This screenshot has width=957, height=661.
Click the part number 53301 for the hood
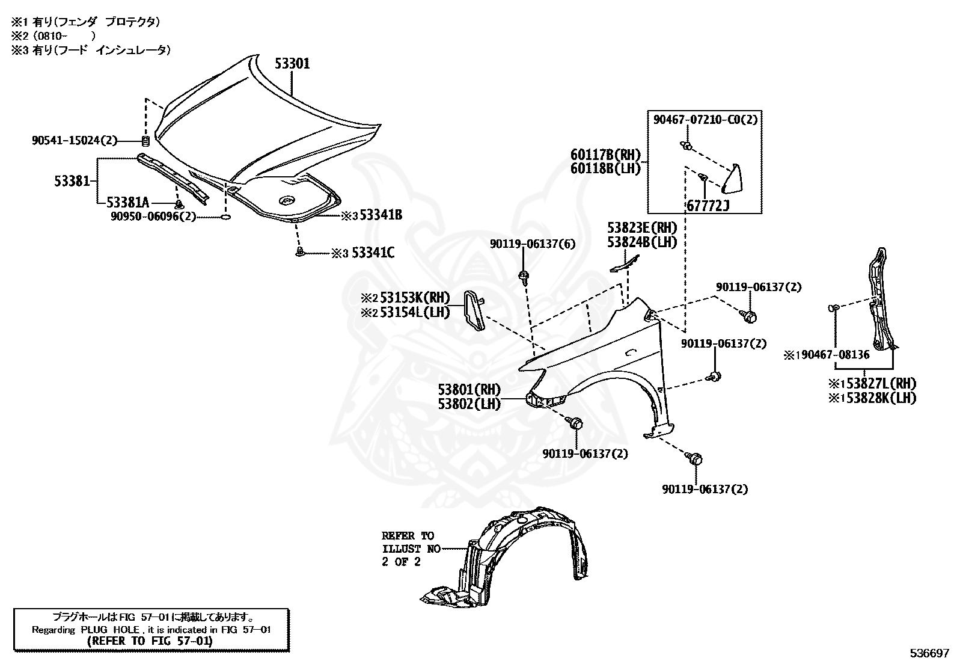point(292,64)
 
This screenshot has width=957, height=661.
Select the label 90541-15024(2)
point(75,140)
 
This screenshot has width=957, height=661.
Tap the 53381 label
point(72,181)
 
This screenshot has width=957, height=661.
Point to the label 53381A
point(128,202)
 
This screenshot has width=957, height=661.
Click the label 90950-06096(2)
point(153,217)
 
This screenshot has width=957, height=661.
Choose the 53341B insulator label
point(381,215)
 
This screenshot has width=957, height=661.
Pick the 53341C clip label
point(373,253)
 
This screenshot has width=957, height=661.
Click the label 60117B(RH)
point(606,155)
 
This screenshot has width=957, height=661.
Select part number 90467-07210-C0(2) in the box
point(705,120)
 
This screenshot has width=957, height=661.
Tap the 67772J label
point(708,206)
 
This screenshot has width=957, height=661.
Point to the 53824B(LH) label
point(642,242)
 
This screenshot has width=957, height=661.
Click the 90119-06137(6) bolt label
point(533,244)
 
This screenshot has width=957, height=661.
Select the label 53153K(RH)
point(415,298)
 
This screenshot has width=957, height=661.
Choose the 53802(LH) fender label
point(469,404)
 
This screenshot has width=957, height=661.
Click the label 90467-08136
point(835,354)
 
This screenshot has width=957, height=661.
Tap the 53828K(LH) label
point(881,399)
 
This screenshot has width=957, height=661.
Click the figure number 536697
point(929,653)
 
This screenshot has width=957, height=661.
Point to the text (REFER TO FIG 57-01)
point(150,641)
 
